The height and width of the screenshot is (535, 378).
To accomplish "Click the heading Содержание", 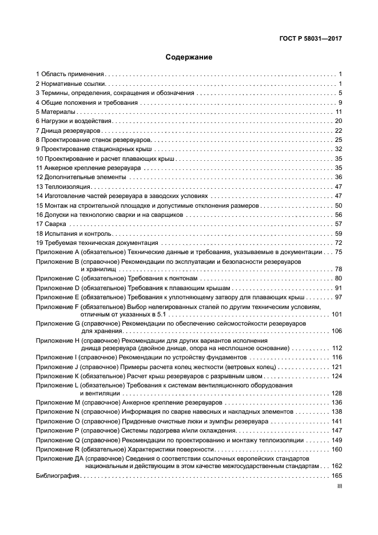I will pos(189,57).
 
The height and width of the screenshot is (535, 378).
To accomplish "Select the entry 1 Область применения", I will pos(70,74).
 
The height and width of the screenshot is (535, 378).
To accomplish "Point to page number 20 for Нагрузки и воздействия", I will pos(338,121).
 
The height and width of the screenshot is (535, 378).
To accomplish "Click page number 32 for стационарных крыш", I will pos(338,149).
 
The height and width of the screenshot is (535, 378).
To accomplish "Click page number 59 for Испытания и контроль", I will pos(338,233).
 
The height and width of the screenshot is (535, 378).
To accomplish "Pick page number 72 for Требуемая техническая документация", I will pos(338,243).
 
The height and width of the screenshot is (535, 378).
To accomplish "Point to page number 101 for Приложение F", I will pos(336,314).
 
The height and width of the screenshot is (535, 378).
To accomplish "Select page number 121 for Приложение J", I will pos(336,367).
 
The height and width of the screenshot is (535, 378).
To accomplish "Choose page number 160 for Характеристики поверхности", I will pos(336,450).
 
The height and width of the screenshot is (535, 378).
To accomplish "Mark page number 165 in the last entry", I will pos(336,476).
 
